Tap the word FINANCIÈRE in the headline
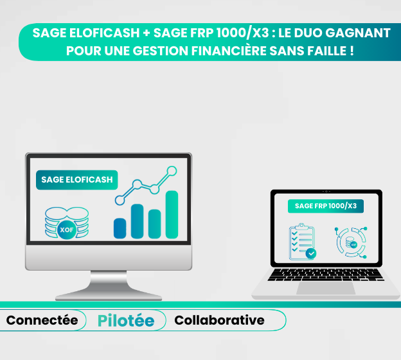[x=229, y=51]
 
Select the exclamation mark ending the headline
[x=352, y=50]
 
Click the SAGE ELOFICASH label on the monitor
[x=76, y=180]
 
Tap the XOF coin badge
[x=67, y=230]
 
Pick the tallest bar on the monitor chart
[x=172, y=215]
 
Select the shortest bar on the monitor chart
[x=120, y=228]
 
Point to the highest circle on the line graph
[x=172, y=171]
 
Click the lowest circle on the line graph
[x=120, y=201]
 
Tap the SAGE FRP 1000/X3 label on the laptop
[x=326, y=206]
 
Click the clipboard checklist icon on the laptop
[x=303, y=242]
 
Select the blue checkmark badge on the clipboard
[x=311, y=253]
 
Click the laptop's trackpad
[x=326, y=288]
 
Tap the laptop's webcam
[x=326, y=192]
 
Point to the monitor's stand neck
[x=109, y=280]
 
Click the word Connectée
[x=42, y=320]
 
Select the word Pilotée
[x=126, y=321]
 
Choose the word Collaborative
[x=219, y=320]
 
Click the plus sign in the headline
[x=147, y=33]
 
